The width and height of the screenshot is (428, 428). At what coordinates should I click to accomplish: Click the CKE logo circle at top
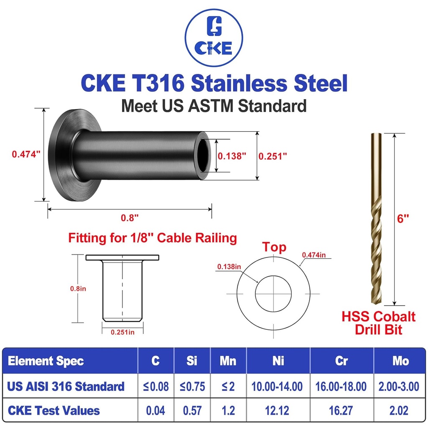(214, 40)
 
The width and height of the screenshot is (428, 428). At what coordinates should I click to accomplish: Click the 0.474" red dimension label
(25, 154)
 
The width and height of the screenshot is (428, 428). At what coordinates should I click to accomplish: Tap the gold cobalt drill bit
(375, 217)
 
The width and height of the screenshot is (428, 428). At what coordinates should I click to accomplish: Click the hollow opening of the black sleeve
(205, 155)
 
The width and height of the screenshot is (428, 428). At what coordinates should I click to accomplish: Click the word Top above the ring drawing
(274, 247)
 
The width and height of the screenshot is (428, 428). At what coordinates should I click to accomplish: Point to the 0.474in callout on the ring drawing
(314, 254)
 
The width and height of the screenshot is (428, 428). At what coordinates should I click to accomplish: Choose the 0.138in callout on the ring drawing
(229, 266)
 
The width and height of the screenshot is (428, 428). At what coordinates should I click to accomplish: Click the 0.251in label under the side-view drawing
(122, 332)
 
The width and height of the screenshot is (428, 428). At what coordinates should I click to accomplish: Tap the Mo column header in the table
(400, 361)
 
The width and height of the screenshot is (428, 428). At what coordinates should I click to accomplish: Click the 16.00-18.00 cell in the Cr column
(341, 386)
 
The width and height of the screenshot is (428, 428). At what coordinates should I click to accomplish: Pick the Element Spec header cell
(46, 361)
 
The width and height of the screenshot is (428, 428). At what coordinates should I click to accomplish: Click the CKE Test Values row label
(53, 410)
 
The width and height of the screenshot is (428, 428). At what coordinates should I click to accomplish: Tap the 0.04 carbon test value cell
(155, 410)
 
